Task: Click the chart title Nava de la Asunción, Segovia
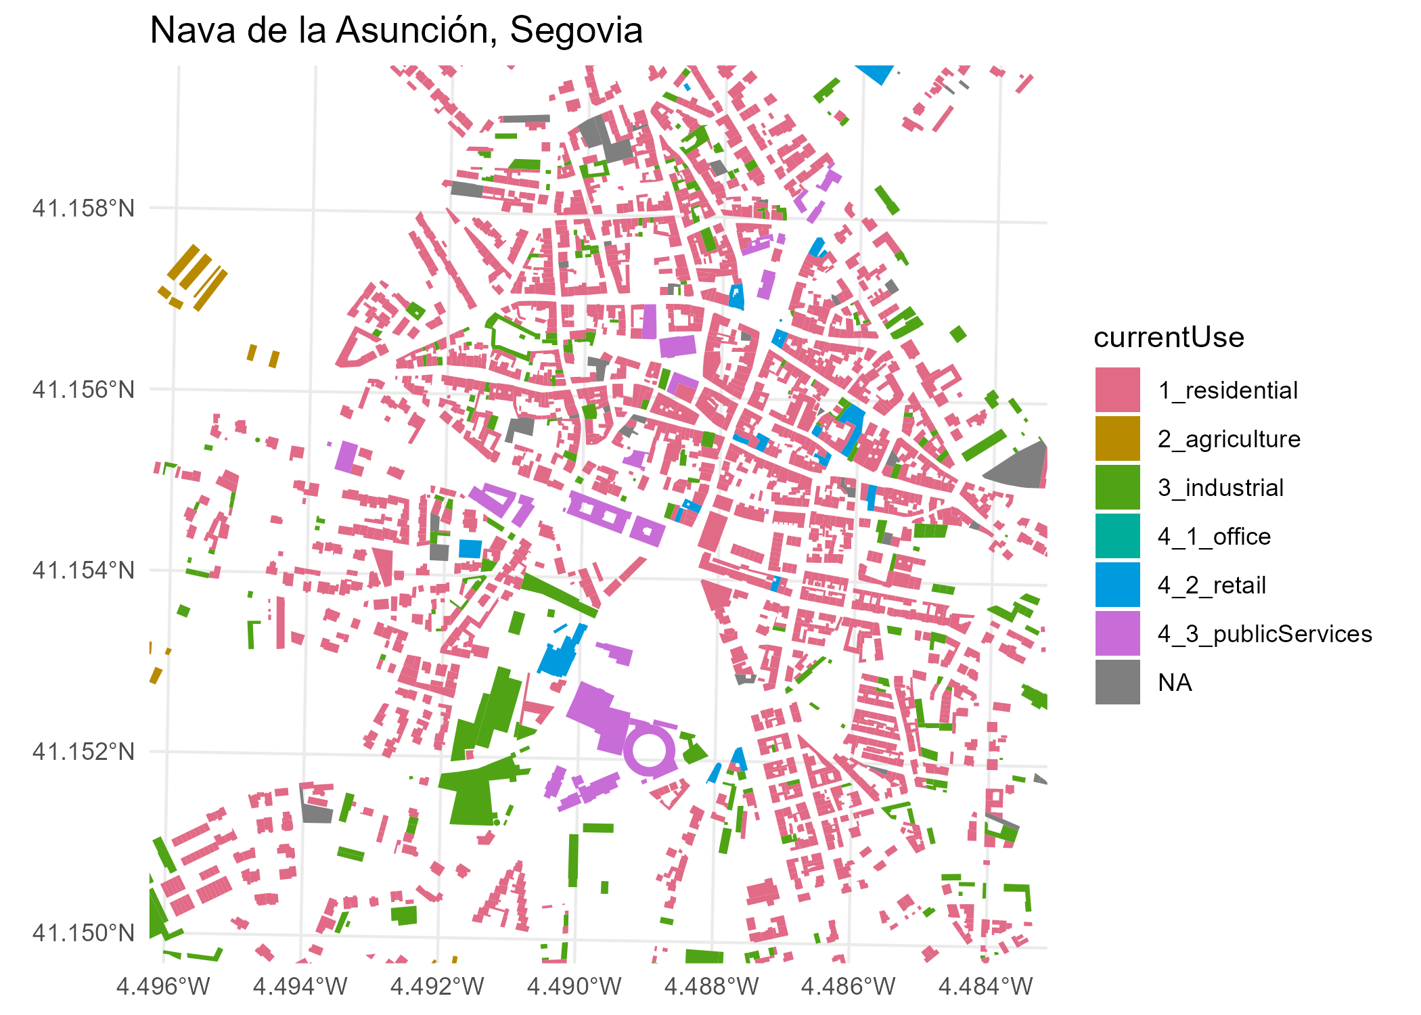(x=396, y=30)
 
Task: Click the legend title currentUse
(x=1169, y=337)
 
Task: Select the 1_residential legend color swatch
(x=1117, y=390)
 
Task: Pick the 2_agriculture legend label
(x=1228, y=439)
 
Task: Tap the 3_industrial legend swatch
(x=1117, y=487)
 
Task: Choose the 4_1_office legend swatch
(x=1117, y=536)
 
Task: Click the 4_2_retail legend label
(x=1211, y=585)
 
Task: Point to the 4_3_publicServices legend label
(x=1264, y=634)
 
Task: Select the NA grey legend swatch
(x=1117, y=683)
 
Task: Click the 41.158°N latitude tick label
(x=84, y=208)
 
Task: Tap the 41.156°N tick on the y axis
(x=84, y=390)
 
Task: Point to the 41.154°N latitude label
(x=84, y=570)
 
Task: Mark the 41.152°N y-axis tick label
(x=84, y=752)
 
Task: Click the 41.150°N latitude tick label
(x=84, y=933)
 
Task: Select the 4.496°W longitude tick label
(x=163, y=987)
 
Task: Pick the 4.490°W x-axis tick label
(x=574, y=987)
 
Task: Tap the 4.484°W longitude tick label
(x=985, y=987)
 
